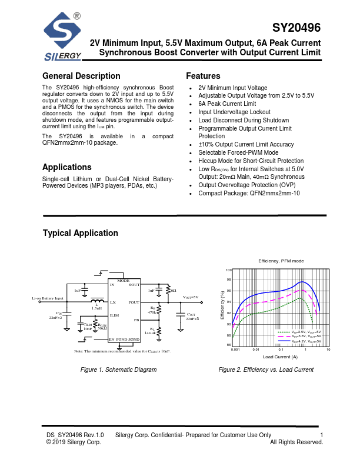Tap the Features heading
coord(203,76)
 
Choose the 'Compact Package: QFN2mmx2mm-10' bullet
coord(249,193)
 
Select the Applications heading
coord(67,167)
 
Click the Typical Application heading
coord(80,234)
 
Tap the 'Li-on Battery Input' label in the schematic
coord(47,299)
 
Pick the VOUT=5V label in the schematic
coord(190,298)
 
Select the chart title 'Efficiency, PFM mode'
coord(281,260)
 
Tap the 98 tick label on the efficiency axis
coord(229,280)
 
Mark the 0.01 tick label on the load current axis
coord(256,349)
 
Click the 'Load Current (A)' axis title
coord(280,357)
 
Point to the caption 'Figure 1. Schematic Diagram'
coord(118,370)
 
